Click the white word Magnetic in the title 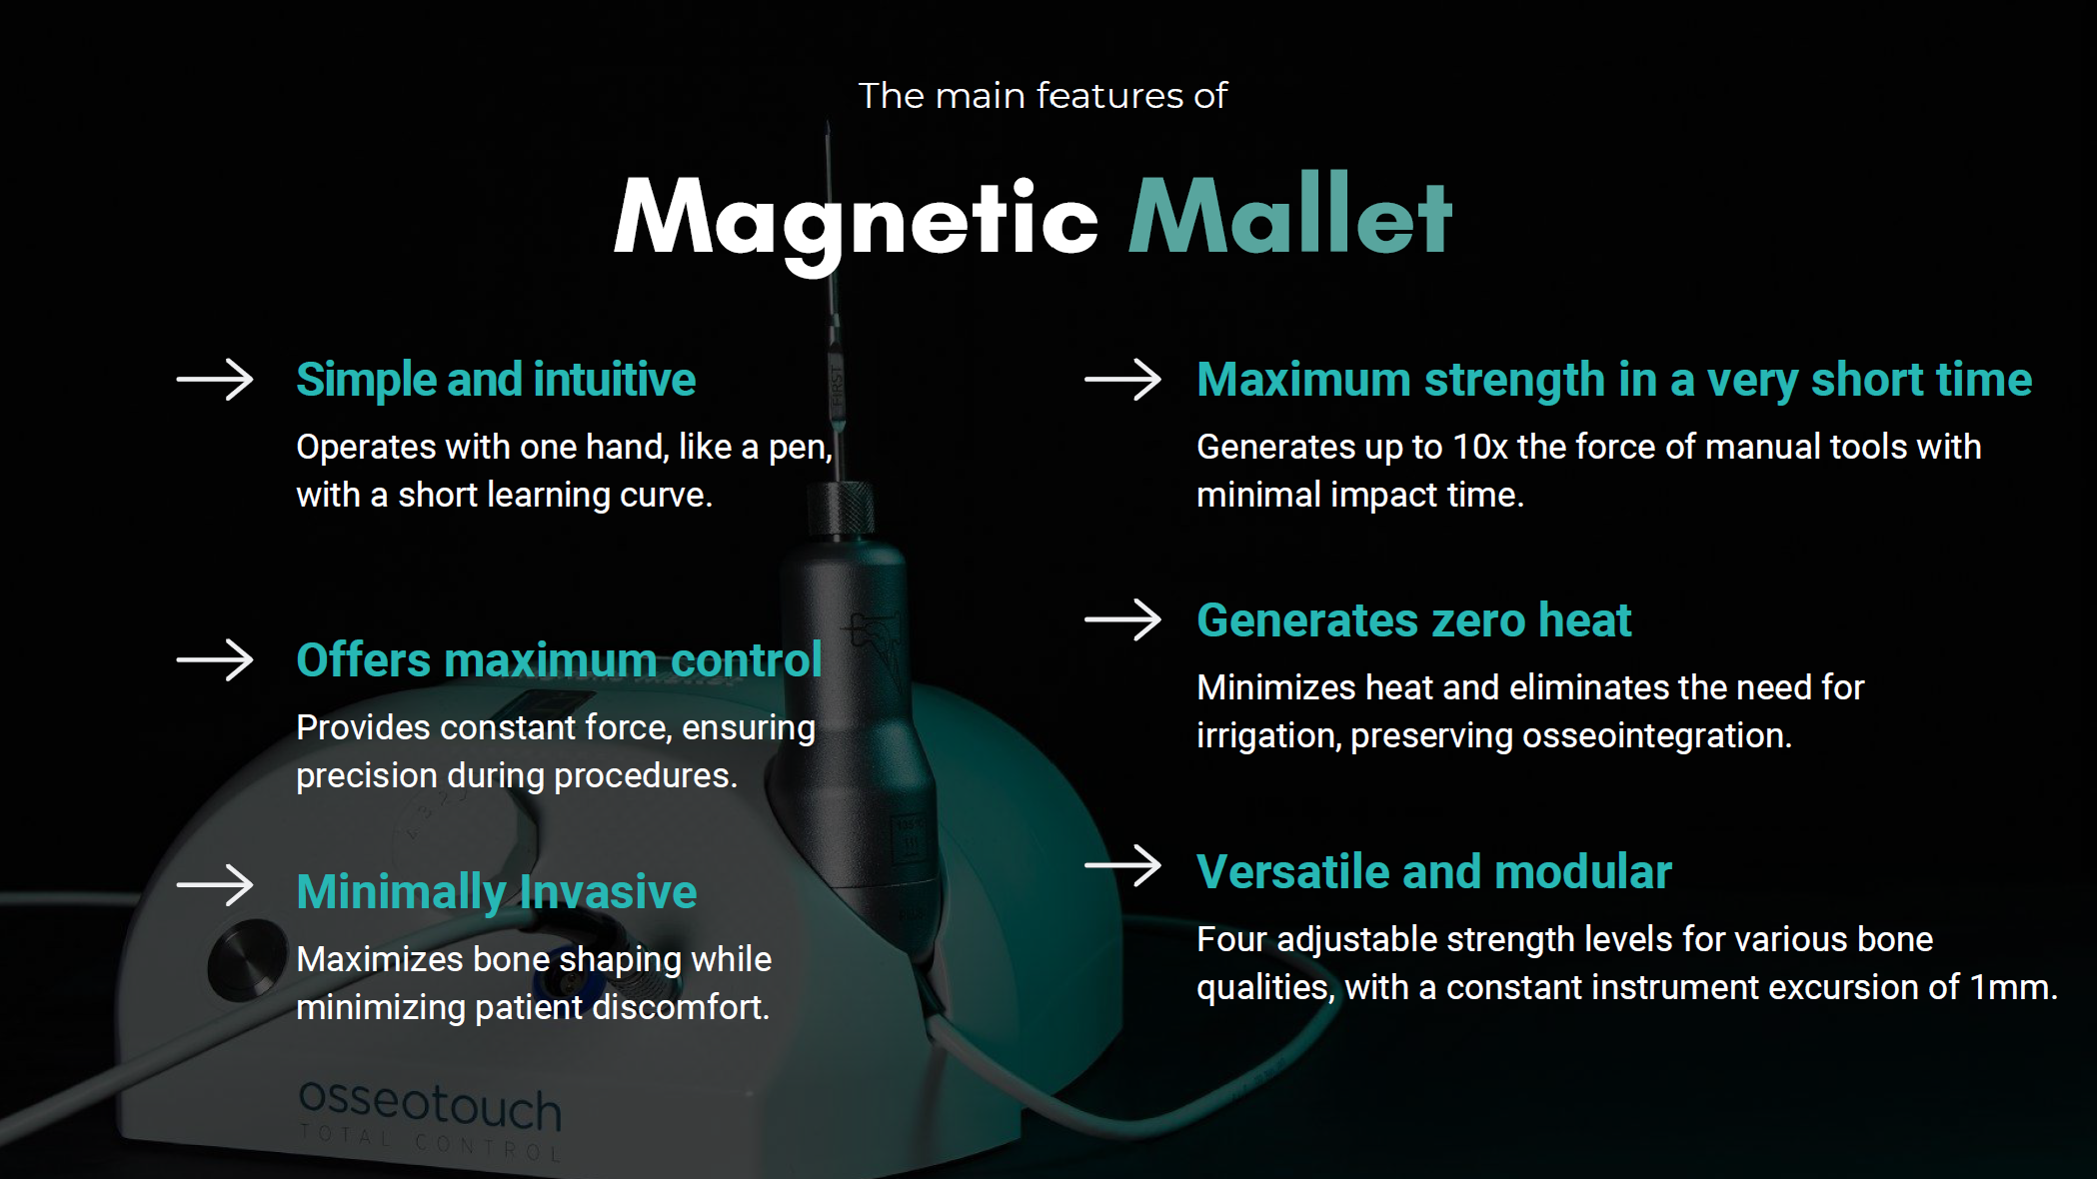coord(856,219)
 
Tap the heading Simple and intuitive coord(496,380)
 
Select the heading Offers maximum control coord(559,660)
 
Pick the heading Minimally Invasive coord(497,892)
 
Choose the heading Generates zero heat coord(1414,620)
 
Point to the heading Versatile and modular coord(1434,872)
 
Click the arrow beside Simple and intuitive coord(215,380)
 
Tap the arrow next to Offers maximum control coord(215,660)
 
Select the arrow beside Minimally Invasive coord(215,885)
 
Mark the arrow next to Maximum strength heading coord(1123,380)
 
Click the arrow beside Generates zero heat coord(1123,620)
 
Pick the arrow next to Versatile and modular coord(1123,865)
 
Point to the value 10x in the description coord(1480,448)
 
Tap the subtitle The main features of coord(1043,96)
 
